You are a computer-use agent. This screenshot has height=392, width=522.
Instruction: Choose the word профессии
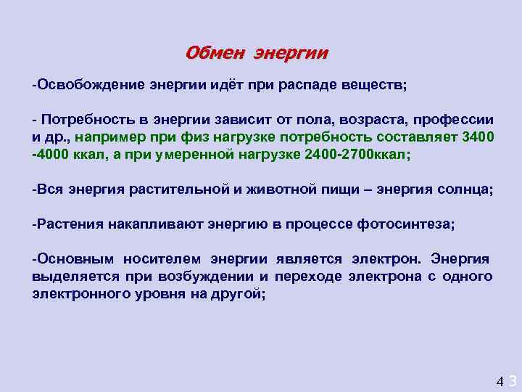(x=455, y=120)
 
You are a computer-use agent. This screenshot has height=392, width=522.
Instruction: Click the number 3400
(x=477, y=136)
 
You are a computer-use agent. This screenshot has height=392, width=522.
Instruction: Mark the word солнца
(x=467, y=189)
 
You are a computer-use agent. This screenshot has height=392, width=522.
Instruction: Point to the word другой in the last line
(x=239, y=294)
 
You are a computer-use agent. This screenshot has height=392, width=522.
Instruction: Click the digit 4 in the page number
(x=499, y=380)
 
